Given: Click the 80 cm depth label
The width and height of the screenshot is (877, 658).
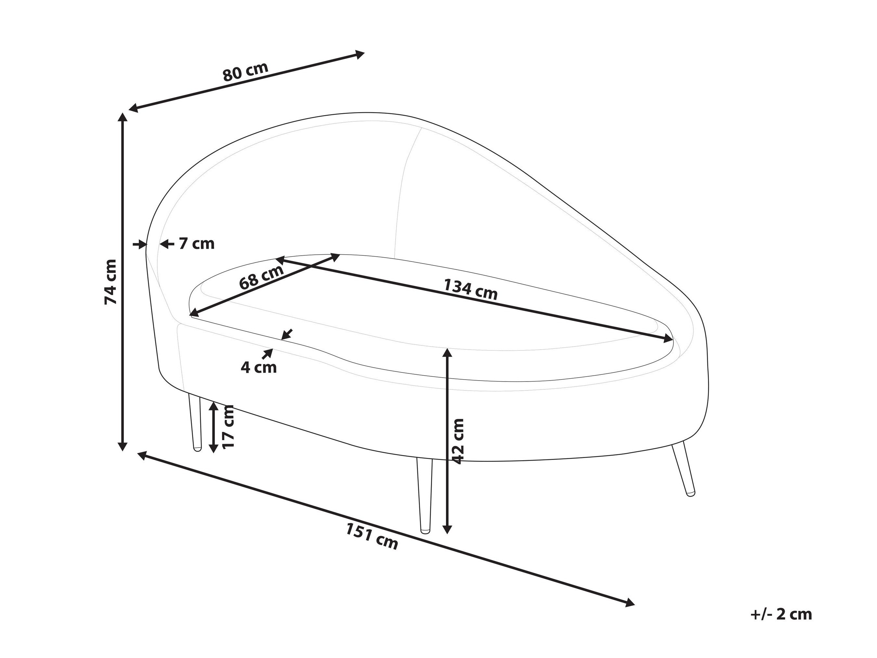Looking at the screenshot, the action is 245,72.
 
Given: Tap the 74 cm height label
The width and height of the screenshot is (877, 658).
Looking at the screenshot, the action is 111,282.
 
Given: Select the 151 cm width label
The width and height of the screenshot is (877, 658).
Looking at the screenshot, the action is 372,537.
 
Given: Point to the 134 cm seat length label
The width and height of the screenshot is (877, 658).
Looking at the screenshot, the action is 470,289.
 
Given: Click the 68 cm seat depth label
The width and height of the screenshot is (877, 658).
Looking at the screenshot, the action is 262,276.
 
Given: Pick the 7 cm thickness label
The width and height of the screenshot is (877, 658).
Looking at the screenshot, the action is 197,244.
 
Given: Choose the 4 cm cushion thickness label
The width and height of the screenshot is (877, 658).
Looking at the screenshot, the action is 259,368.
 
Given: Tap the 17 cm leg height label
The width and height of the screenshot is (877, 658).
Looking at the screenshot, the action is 229,426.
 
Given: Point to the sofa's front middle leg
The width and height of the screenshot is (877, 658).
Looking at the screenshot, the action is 425,496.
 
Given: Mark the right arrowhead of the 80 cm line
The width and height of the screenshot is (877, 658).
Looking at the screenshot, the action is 359,54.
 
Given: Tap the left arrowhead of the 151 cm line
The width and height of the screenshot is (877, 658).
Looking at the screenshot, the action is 143,455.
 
